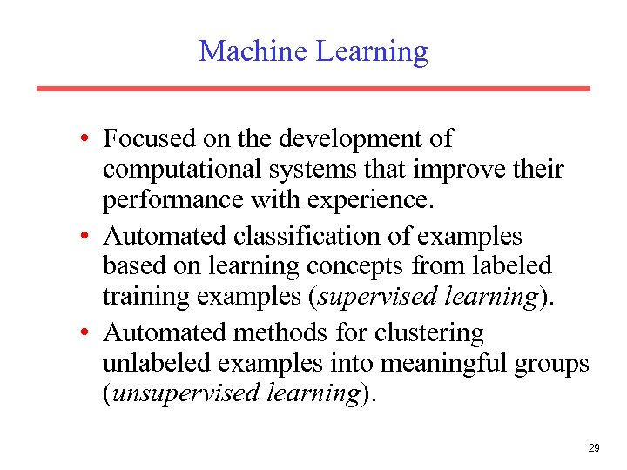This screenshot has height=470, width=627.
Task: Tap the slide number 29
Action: click(x=594, y=448)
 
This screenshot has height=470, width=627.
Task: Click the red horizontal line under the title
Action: click(x=313, y=89)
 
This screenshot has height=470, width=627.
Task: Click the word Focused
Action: click(x=145, y=139)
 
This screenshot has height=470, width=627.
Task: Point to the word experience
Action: click(x=373, y=201)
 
